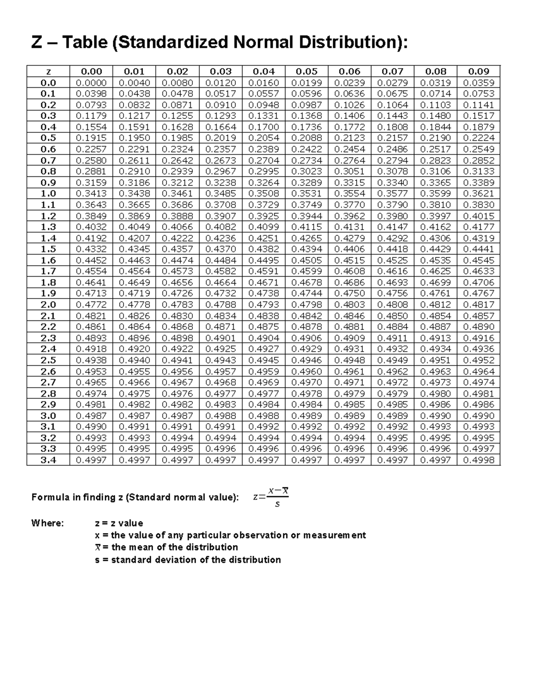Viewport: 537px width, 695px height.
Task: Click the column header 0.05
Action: (x=307, y=71)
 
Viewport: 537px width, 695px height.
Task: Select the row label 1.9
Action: (x=48, y=294)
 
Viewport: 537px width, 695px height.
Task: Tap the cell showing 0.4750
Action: (x=349, y=294)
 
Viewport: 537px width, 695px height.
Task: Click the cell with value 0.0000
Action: (x=91, y=82)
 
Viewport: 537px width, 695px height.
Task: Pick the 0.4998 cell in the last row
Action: (x=478, y=460)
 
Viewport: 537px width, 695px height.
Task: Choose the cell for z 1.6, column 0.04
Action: (x=264, y=260)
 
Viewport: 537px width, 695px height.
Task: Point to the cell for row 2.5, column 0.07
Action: (x=392, y=360)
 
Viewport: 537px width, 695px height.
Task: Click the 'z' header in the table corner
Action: (x=48, y=71)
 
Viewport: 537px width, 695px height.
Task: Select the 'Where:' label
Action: (x=47, y=523)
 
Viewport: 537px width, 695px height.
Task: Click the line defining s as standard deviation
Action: (x=188, y=560)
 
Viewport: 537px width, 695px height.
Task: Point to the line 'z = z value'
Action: (x=119, y=523)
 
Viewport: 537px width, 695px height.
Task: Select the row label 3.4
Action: (x=48, y=460)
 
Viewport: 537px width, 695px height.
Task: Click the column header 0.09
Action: (x=478, y=71)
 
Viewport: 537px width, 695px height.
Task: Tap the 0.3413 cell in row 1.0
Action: (x=91, y=193)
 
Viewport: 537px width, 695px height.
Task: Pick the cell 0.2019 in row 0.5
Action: (x=221, y=138)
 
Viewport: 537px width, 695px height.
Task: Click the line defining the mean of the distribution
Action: (x=166, y=547)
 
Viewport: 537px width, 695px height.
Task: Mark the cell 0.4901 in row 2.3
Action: (x=221, y=338)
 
